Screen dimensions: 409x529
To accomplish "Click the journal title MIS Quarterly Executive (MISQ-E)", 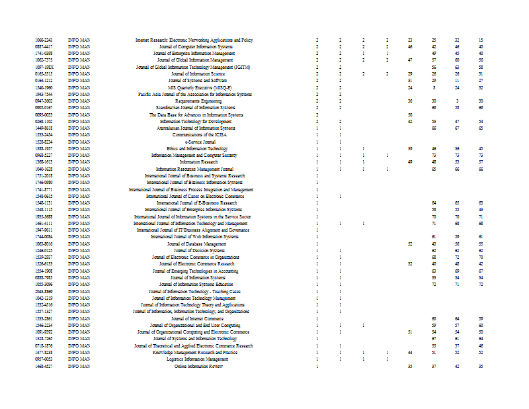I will pos(194,87).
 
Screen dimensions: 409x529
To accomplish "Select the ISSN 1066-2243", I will pos(44,40).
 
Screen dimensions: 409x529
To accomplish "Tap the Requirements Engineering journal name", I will pos(194,101).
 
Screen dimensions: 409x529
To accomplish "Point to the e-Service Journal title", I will pos(194,142).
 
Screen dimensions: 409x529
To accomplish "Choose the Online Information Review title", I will pos(194,366).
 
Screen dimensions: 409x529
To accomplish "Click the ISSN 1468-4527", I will pos(44,366).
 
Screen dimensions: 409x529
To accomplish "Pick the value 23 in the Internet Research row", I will pos(410,40).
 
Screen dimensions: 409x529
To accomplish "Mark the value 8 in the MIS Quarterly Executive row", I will pos(434,87).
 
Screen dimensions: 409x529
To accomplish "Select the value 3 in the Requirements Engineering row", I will pos(457,101).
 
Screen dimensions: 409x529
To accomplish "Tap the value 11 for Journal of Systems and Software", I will pos(457,81).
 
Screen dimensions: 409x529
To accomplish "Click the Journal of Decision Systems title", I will pos(194,251).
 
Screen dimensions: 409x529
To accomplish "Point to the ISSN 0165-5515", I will pos(44,74).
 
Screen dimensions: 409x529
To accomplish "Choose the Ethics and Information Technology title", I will pos(194,148).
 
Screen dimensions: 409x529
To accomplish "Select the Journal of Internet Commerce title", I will pos(194,318).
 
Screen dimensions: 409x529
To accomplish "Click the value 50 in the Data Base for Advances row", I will pos(410,114).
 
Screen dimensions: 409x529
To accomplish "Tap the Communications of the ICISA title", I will pos(194,135).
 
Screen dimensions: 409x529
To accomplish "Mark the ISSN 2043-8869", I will pos(44,291).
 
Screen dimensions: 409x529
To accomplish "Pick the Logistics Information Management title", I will pos(194,359).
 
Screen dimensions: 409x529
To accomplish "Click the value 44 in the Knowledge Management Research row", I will pos(410,353).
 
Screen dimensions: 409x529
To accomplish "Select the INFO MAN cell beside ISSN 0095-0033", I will pos(79,114).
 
